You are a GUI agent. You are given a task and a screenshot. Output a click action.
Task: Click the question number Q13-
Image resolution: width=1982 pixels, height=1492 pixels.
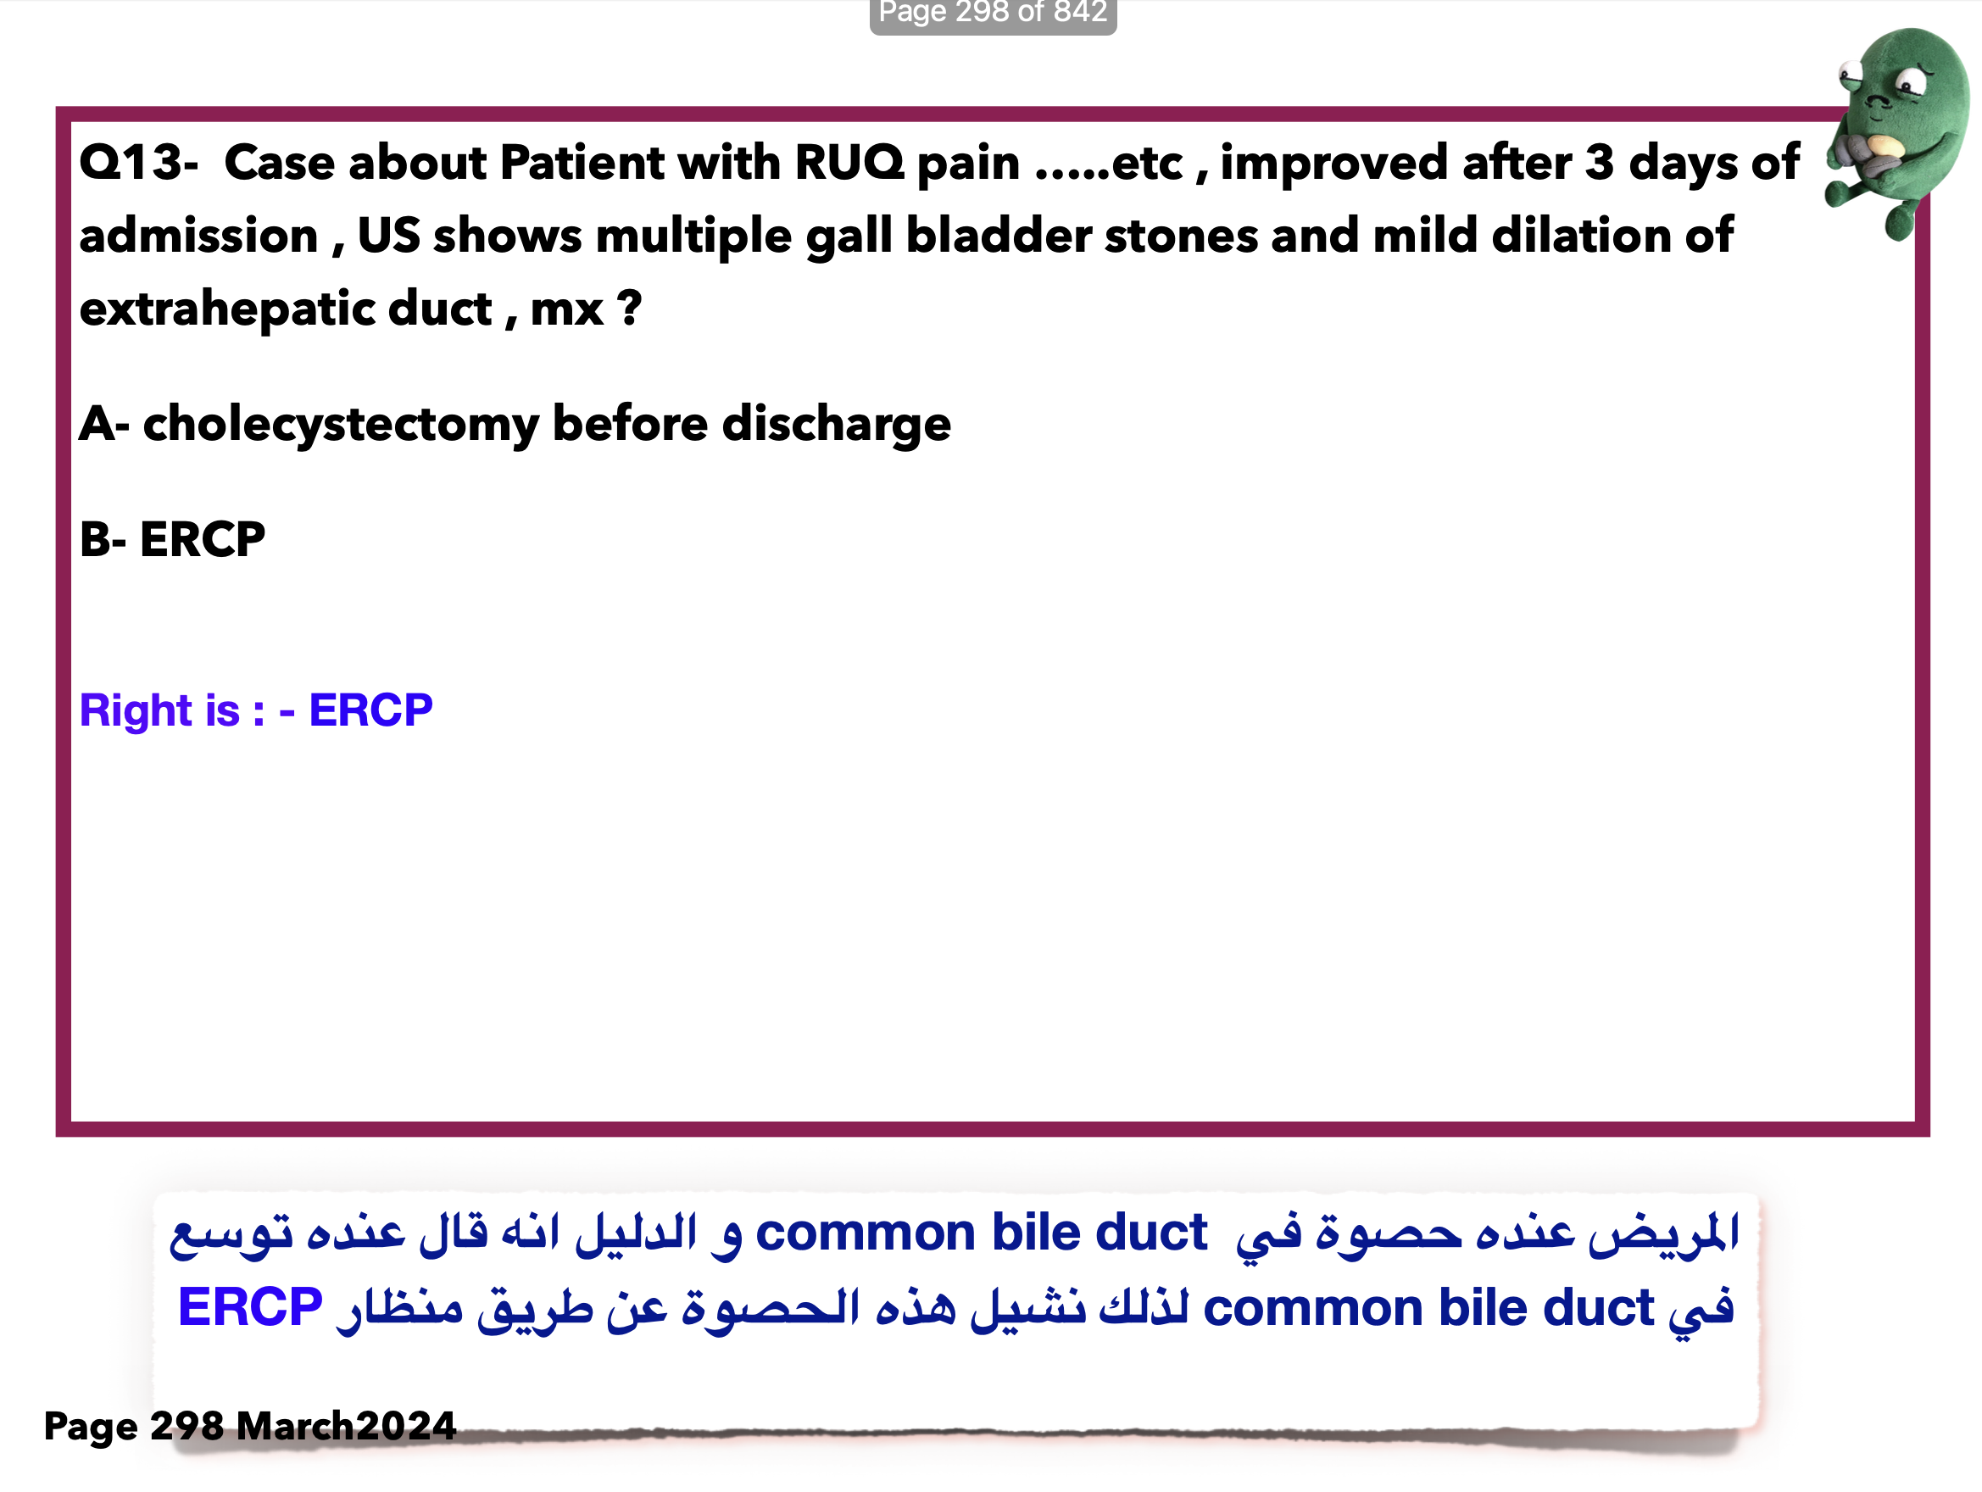click(x=139, y=163)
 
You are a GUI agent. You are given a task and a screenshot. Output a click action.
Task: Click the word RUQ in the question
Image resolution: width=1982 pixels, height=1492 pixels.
click(x=849, y=163)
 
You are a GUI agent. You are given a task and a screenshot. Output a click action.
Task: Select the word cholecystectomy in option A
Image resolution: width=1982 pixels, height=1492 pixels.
click(x=342, y=425)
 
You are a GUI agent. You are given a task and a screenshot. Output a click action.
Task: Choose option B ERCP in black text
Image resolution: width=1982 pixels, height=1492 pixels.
click(x=172, y=539)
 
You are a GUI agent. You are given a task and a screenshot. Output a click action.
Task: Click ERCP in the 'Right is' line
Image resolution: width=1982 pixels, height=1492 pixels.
click(x=370, y=710)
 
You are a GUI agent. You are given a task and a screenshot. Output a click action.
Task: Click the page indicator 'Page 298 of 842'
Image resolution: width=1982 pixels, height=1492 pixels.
click(x=993, y=13)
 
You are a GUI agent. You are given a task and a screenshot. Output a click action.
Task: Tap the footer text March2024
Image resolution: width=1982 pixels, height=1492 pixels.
click(x=347, y=1426)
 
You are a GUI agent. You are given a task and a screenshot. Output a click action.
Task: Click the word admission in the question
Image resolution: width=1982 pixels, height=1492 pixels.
click(x=199, y=237)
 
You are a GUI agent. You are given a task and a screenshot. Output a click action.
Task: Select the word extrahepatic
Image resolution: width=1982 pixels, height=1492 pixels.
click(x=286, y=310)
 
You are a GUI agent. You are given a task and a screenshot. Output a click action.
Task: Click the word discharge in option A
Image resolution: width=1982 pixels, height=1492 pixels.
click(x=836, y=425)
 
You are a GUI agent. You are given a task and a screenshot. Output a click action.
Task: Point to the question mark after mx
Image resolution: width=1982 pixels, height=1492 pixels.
click(x=629, y=309)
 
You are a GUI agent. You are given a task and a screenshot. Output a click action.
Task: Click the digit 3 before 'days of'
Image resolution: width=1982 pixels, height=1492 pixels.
click(x=1600, y=163)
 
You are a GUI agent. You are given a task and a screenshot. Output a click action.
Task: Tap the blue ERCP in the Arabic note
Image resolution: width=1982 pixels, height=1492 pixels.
click(x=250, y=1307)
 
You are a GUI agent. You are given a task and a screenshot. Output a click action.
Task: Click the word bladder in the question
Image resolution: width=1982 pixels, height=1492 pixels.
click(x=996, y=237)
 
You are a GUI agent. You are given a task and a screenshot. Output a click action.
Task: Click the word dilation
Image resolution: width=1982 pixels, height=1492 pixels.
click(x=1580, y=237)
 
